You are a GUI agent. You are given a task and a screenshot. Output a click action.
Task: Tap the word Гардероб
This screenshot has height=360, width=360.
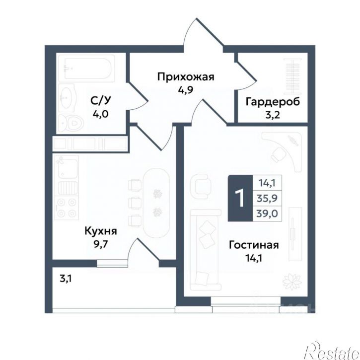coord(273,102)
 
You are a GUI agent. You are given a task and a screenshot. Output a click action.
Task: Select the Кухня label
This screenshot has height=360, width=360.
coord(101,231)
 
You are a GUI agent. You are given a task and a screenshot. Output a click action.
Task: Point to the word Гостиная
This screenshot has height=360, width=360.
coord(254,245)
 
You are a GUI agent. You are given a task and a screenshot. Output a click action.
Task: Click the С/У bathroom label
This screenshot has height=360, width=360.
coord(101,101)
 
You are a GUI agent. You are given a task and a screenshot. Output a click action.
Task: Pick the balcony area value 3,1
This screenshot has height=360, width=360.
coord(66,279)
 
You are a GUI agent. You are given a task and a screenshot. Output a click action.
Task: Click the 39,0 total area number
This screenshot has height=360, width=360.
coord(267,214)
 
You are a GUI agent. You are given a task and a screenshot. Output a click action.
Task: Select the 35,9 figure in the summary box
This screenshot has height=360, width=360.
coord(267,198)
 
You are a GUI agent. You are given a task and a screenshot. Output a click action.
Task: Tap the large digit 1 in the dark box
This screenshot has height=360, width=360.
coord(240,198)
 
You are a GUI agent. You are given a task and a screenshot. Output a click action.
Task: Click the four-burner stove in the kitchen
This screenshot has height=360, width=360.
coord(67,208)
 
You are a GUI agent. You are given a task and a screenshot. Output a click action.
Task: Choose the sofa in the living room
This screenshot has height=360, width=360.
coord(206,250)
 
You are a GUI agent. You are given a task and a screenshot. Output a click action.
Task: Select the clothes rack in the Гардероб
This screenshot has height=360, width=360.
coord(292,76)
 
